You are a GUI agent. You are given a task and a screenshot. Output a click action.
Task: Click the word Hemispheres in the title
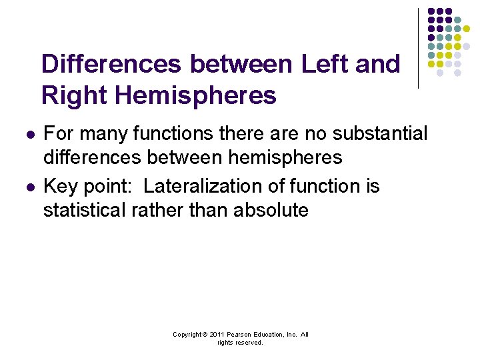click(196, 95)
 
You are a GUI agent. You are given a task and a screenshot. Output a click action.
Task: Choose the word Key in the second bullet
click(62, 186)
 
